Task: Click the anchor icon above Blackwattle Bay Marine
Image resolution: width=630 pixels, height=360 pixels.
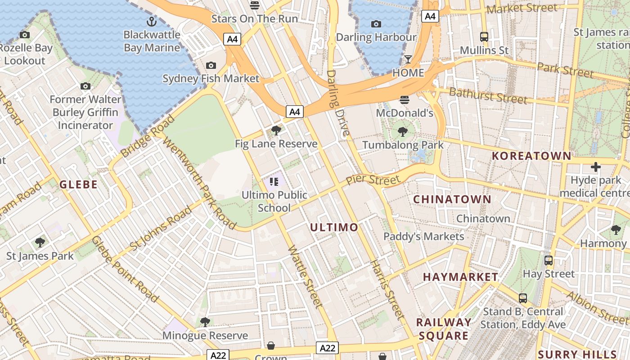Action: pos(152,21)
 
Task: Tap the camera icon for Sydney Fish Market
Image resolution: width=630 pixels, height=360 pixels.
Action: pos(211,66)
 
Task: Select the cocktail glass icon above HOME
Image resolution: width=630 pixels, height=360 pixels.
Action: pos(408,59)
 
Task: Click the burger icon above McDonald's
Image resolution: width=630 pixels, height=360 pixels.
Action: pos(404,100)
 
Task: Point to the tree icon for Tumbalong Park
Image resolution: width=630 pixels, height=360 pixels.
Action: pos(403,132)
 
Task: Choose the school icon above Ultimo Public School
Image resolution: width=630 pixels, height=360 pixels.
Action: pos(274,182)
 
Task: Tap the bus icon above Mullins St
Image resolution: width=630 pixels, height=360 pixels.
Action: pos(484,37)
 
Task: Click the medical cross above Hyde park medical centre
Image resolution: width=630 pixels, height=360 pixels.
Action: pos(596,167)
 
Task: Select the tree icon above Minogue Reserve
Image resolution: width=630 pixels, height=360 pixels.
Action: pos(205,322)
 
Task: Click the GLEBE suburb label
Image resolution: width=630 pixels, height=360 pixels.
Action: pos(79,184)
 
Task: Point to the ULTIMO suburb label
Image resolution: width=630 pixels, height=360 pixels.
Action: pos(334,227)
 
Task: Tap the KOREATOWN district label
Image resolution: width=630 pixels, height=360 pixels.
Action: pos(531,156)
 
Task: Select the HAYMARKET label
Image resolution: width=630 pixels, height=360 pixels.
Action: pos(460,277)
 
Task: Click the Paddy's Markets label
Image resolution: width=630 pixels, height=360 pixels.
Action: pos(423,236)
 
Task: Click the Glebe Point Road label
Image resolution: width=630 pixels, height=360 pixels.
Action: pos(125,269)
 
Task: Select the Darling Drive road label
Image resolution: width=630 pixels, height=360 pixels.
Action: pos(338,103)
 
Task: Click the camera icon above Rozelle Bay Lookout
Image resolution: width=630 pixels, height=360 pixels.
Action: pos(25,35)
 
